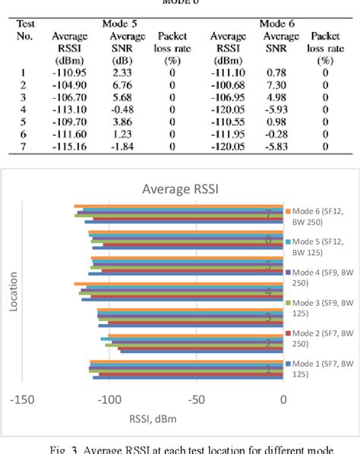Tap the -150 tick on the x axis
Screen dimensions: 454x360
point(23,400)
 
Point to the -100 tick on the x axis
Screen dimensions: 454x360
point(110,400)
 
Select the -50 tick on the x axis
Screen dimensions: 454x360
point(197,400)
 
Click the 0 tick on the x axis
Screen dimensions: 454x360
point(283,400)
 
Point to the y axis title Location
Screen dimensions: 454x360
point(14,292)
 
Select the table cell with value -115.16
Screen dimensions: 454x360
point(69,146)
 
